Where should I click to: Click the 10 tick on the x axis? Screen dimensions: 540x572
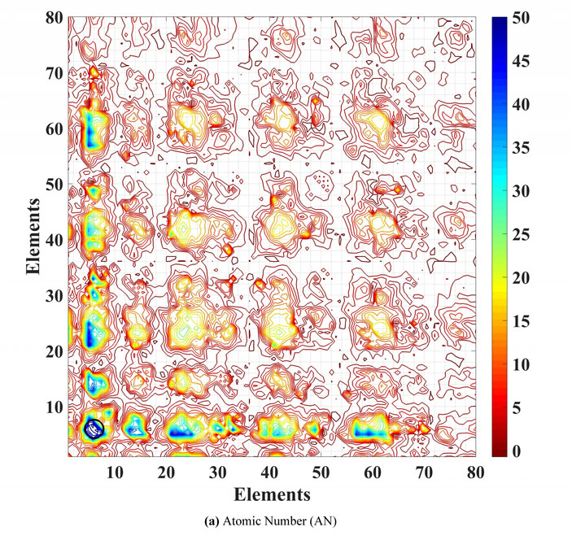click(114, 472)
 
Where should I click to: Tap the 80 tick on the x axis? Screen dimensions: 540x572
click(476, 472)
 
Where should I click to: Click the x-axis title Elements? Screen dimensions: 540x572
click(273, 494)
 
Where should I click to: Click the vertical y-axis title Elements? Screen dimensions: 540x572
click(33, 235)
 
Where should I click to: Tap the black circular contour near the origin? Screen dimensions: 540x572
click(94, 427)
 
